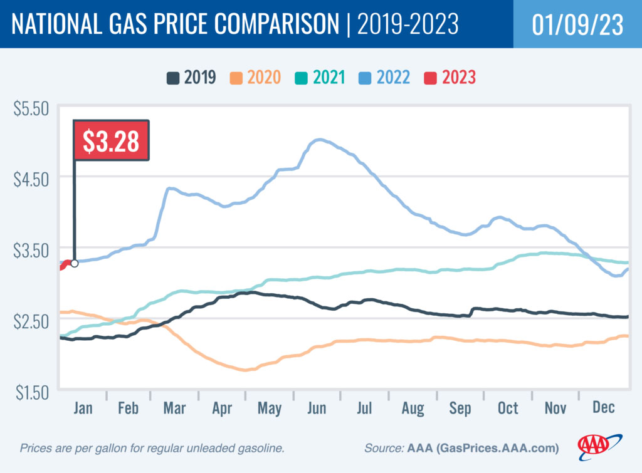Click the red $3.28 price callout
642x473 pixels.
click(112, 140)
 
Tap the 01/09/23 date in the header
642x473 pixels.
click(577, 24)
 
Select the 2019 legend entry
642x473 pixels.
click(192, 78)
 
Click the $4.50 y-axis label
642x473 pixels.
click(31, 178)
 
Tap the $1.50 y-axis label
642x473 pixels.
click(31, 392)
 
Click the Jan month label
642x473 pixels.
click(83, 408)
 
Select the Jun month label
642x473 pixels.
click(317, 408)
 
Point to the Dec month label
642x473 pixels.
click(603, 408)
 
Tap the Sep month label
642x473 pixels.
click(460, 408)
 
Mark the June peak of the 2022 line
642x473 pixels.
click(320, 140)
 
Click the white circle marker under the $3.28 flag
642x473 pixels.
click(75, 263)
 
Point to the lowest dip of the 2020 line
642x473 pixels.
click(246, 370)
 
